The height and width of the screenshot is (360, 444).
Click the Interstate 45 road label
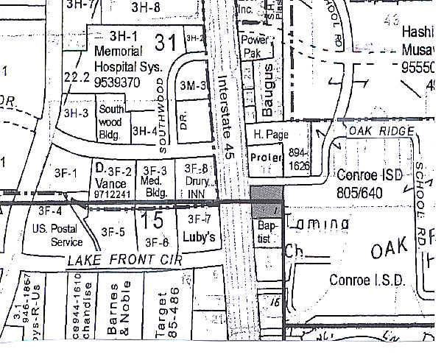tap(227, 111)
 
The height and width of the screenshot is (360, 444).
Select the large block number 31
tap(165, 42)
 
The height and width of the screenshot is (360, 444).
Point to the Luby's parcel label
tap(199, 238)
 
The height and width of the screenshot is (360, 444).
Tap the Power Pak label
tap(263, 46)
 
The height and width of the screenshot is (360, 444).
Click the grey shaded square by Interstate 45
tap(267, 202)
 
